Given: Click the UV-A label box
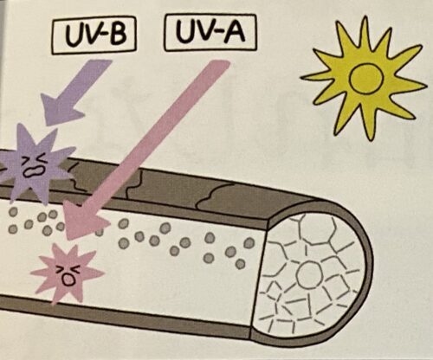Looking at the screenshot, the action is (x=210, y=32).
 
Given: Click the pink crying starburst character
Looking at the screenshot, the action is (x=68, y=273).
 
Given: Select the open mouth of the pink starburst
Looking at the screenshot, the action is (x=68, y=280).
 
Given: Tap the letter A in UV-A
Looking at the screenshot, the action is (x=234, y=31).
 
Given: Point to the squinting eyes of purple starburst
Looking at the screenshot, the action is (x=36, y=159).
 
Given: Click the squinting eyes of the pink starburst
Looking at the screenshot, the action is (x=68, y=269).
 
